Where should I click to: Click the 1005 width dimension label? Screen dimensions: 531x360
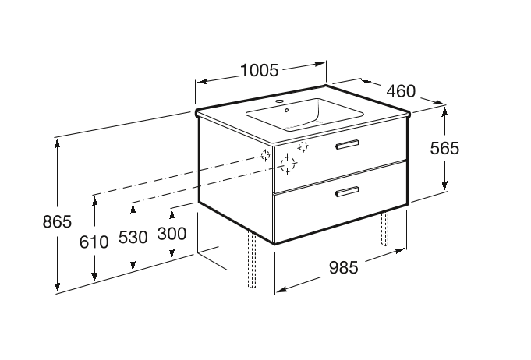(x=259, y=70)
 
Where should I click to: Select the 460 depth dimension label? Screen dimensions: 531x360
(x=401, y=91)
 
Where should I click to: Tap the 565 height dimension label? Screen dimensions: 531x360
(x=444, y=148)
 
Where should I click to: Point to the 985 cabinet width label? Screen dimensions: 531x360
(x=343, y=267)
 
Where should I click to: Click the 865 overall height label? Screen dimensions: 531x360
(x=57, y=221)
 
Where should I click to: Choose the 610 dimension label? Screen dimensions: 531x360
(x=94, y=242)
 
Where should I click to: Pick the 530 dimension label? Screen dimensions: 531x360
(x=133, y=237)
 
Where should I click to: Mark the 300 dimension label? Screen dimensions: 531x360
(x=172, y=234)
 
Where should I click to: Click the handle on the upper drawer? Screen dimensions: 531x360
(x=347, y=144)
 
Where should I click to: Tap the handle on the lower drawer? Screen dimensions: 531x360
(x=347, y=192)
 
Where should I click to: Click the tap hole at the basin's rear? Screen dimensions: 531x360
(x=280, y=101)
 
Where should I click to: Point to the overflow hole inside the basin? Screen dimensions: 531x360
(x=287, y=110)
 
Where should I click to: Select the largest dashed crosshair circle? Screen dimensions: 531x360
(x=288, y=164)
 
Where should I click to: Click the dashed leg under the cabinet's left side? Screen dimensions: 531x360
(x=252, y=259)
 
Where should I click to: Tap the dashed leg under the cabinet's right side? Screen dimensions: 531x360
(x=384, y=229)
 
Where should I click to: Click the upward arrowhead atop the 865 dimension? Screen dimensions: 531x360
(x=58, y=143)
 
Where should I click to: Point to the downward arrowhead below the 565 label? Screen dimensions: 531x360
(x=444, y=185)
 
